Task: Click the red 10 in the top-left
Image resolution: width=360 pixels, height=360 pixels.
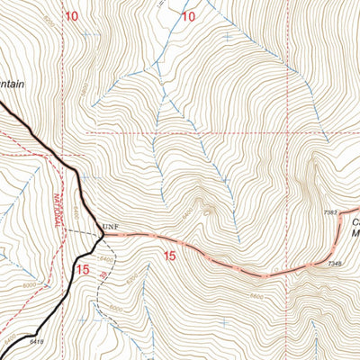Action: point(71,16)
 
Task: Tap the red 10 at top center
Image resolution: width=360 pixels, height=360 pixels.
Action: point(188,16)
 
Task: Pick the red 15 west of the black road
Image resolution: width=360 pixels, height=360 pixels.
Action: point(83,268)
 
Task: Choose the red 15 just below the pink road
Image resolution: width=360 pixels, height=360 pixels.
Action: point(169,256)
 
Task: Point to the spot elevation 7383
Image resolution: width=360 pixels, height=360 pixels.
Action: point(330,212)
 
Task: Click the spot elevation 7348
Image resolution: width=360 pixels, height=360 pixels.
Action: point(335,264)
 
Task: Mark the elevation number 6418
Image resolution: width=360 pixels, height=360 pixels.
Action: point(36,341)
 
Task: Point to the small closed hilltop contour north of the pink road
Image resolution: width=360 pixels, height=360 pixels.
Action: point(210,213)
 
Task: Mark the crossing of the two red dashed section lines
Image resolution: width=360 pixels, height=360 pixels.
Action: point(291,132)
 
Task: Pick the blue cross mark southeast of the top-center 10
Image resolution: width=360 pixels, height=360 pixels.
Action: point(225,39)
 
